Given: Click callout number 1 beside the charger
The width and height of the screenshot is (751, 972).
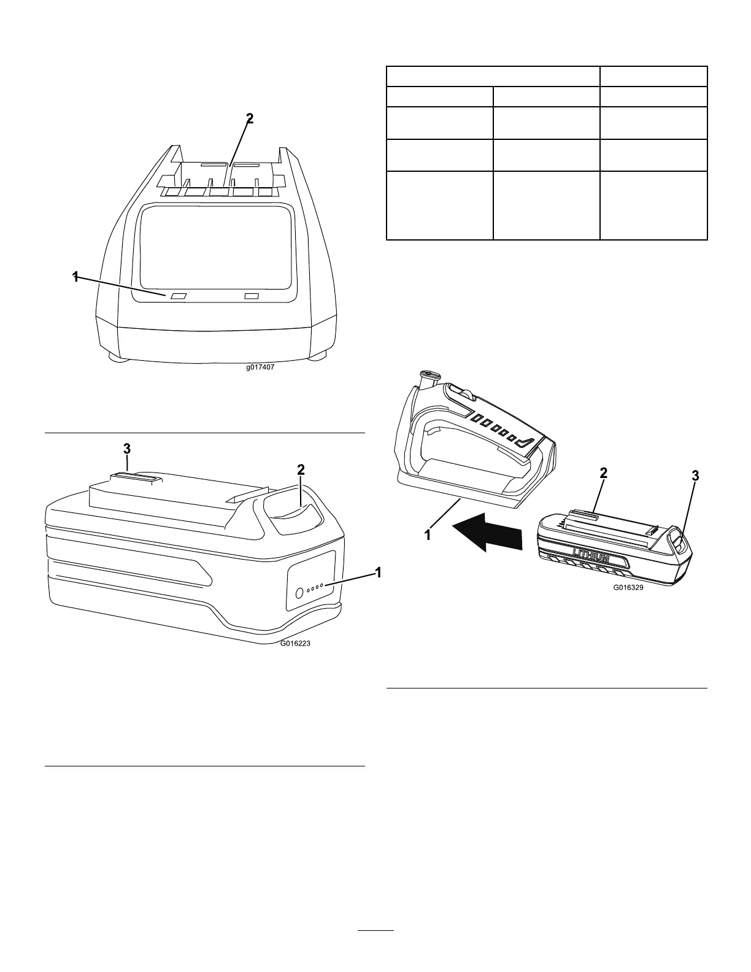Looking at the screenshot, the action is click(x=75, y=277).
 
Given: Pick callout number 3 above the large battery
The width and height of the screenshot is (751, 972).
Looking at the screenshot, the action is click(x=127, y=449).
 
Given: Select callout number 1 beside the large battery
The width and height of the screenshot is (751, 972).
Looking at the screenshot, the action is click(x=378, y=572).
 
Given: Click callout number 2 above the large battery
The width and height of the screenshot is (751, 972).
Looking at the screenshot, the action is click(x=301, y=469).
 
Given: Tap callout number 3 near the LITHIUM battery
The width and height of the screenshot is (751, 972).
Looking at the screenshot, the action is click(x=695, y=476).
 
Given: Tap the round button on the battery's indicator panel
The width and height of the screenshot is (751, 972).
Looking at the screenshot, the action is click(x=299, y=593).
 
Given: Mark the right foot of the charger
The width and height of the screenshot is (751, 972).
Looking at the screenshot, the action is click(x=318, y=356).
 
